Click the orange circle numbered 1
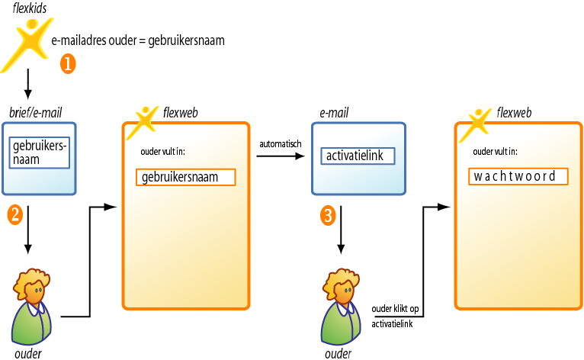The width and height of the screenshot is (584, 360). click(67, 64)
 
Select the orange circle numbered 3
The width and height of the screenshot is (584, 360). click(328, 215)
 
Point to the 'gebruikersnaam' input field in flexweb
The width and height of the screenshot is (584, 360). click(186, 177)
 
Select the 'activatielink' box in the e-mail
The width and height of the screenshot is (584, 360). click(358, 156)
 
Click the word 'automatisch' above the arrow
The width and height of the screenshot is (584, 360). click(281, 143)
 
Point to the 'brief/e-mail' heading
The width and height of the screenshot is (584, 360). click(36, 113)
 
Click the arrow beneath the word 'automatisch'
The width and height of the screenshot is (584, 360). click(280, 156)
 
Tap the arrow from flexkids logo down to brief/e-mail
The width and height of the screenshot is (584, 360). click(28, 84)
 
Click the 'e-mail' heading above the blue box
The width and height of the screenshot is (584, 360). click(334, 113)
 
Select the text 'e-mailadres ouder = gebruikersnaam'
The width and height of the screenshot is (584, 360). click(138, 40)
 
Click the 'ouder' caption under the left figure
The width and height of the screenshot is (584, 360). click(28, 353)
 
